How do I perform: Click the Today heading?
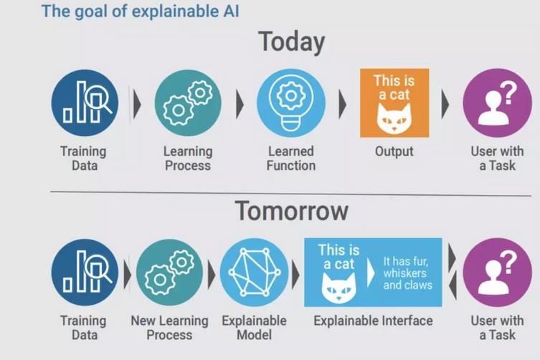291,42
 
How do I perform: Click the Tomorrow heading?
291,211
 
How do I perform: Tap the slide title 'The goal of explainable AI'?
140,11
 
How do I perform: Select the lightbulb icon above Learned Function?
291,103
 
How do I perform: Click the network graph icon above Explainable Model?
254,273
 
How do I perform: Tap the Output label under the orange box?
394,151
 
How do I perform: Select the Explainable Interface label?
373,321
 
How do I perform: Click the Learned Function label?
291,158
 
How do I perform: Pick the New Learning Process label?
169,328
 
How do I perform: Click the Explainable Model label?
254,328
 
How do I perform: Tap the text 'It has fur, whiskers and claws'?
408,273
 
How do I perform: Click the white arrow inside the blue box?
371,273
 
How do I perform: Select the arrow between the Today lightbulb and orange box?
342,104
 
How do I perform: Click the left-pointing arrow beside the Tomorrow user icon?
453,285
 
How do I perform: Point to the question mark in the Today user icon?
508,93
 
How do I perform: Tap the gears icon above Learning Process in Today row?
188,103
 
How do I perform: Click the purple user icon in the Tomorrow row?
497,273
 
